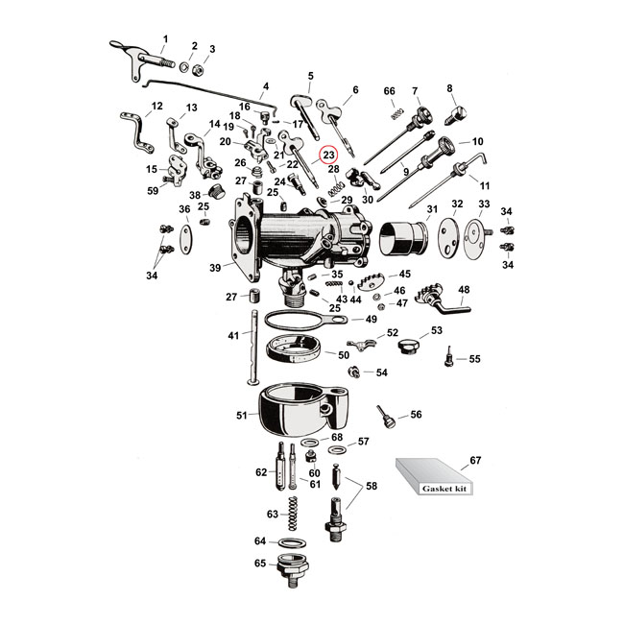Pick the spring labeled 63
[x=293, y=515]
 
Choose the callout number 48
[x=464, y=289]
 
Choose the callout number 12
[x=157, y=106]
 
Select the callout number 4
[x=265, y=86]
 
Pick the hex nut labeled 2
[x=192, y=67]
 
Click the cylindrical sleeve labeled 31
[x=403, y=237]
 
